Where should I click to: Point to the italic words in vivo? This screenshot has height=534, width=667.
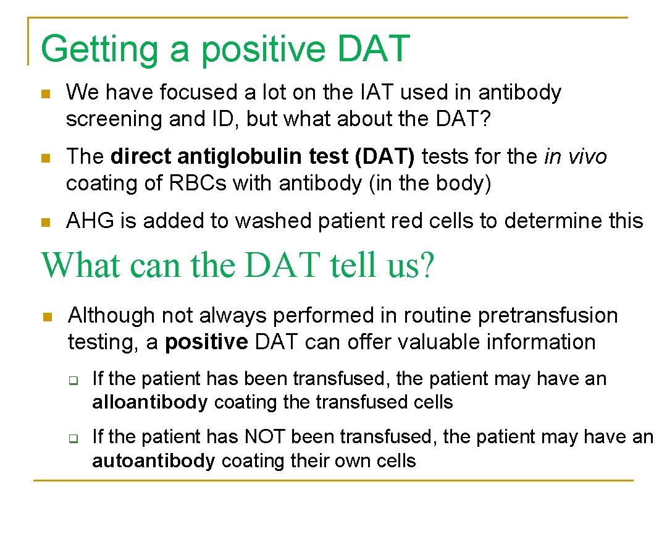click(x=575, y=157)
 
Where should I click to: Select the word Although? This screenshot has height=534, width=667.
click(x=111, y=316)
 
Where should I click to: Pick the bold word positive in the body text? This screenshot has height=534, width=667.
click(x=206, y=342)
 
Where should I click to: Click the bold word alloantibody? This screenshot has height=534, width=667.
click(x=149, y=403)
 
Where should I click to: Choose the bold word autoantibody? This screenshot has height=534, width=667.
click(x=153, y=461)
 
